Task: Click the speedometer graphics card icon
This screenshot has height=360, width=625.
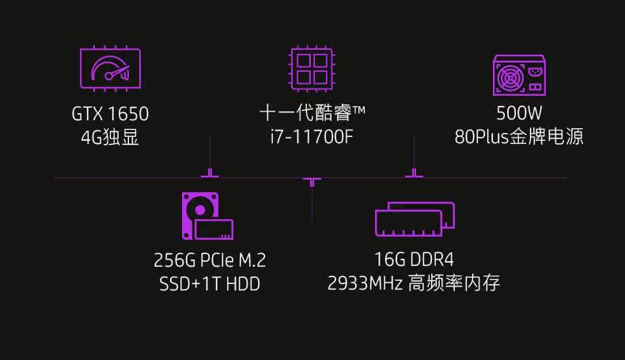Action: pos(110,67)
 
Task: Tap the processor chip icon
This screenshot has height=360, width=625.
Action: pos(312,67)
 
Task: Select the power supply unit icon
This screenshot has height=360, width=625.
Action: pos(519,77)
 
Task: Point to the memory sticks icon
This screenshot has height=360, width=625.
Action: pos(415,218)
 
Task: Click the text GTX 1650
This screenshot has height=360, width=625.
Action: pos(110,114)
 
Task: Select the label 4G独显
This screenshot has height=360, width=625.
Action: pos(110,137)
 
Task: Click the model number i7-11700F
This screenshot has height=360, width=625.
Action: pos(311,137)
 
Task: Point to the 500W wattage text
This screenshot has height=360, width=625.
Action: pos(519,114)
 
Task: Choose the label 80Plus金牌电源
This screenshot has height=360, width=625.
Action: pos(519,137)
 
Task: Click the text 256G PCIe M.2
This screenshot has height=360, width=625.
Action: pos(210,260)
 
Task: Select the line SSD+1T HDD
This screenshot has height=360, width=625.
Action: pos(210,283)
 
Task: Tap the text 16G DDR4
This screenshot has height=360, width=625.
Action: pos(415,260)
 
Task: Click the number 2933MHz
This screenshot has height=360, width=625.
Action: pos(365,283)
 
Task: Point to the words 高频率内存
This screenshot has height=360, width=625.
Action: pos(454,283)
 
